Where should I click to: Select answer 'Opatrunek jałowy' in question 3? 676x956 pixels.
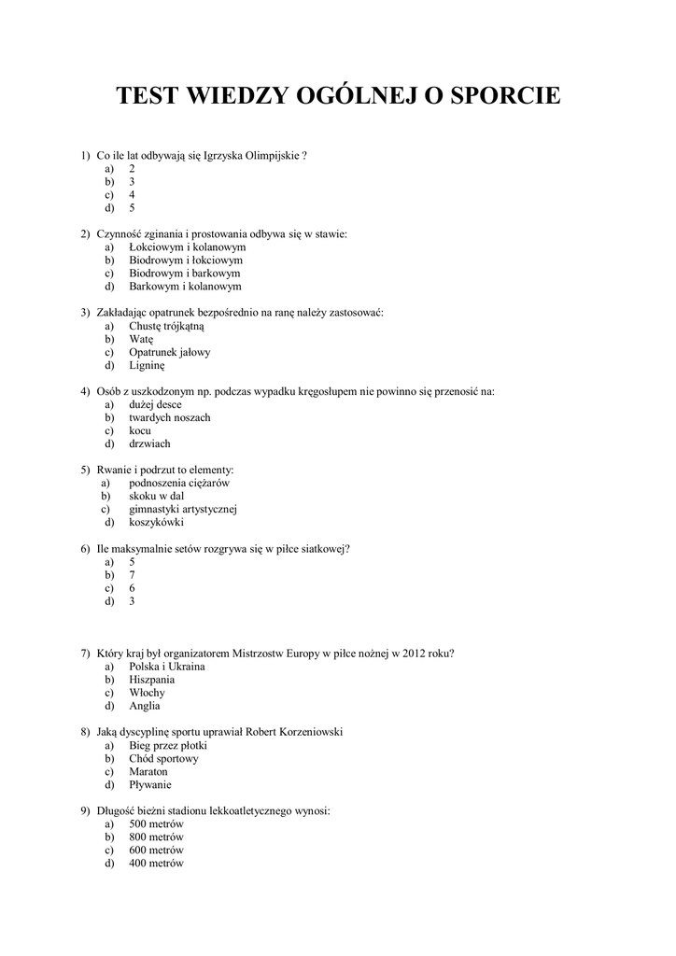[169, 353]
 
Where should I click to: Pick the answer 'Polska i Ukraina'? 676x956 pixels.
[167, 667]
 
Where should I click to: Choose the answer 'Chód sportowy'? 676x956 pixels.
[163, 759]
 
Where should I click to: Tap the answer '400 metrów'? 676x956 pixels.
[156, 864]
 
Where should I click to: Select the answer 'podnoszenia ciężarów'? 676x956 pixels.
[178, 484]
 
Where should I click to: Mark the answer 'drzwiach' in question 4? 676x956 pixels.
[149, 443]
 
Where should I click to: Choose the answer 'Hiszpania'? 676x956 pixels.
[152, 680]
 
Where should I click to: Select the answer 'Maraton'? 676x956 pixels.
[148, 772]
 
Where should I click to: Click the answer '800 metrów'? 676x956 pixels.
[156, 837]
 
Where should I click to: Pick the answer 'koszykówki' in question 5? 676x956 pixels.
[156, 523]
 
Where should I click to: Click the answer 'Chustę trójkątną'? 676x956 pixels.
[166, 327]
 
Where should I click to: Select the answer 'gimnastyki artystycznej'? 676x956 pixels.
[183, 510]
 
